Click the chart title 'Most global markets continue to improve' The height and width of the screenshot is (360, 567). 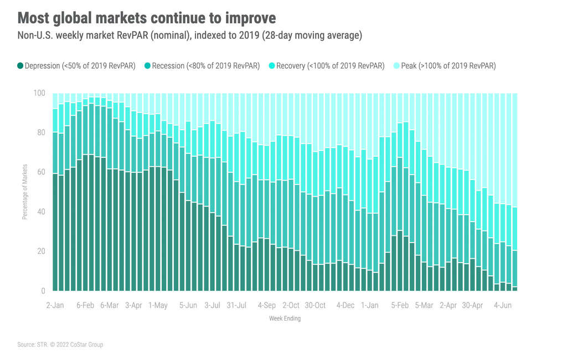[x=146, y=18]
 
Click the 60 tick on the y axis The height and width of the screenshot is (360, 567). [x=40, y=172]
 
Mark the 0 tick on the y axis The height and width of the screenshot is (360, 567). [x=42, y=291]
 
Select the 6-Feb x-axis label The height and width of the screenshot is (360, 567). [x=85, y=305]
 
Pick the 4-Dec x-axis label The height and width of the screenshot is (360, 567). [x=346, y=305]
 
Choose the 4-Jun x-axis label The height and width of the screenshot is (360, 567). [x=503, y=305]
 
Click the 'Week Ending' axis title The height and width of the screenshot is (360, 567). [x=285, y=319]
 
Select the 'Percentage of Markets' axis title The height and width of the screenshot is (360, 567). [x=25, y=192]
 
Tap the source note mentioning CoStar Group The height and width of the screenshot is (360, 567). [x=60, y=344]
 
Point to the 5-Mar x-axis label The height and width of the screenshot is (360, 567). [x=424, y=305]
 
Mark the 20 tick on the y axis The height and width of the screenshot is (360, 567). [x=40, y=251]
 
